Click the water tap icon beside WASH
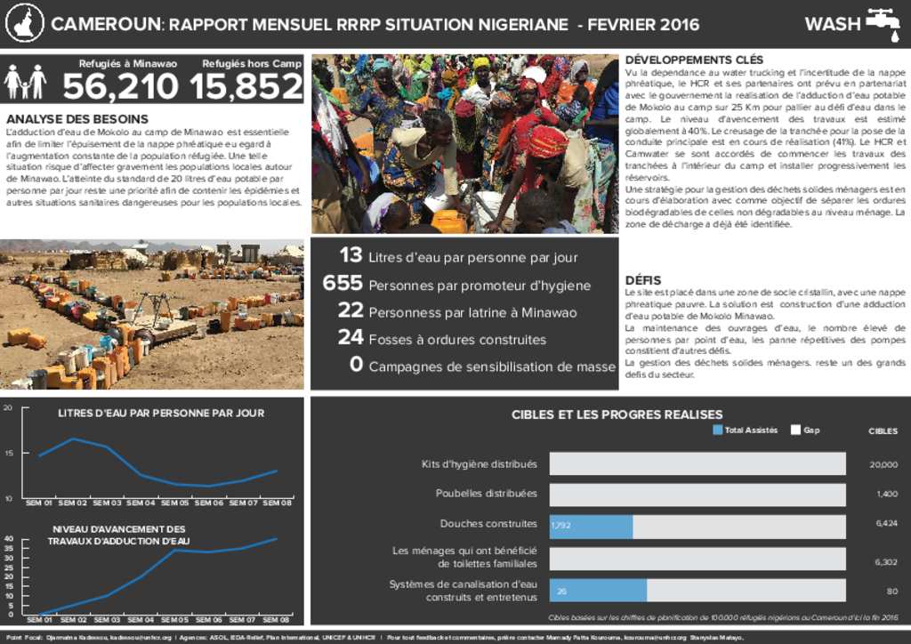(883, 23)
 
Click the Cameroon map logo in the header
(24, 24)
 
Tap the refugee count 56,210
(120, 87)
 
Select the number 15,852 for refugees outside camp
(246, 87)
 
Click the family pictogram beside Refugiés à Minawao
(25, 82)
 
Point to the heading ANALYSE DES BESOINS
(77, 119)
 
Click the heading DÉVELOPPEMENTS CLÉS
(695, 60)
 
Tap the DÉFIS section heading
(643, 280)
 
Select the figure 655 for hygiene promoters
(343, 284)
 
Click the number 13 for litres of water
(351, 256)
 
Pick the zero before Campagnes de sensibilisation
(356, 365)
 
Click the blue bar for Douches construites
(591, 526)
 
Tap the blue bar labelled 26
(598, 591)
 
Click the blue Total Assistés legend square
(718, 431)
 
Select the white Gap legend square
(796, 431)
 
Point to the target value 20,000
(883, 464)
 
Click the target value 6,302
(886, 562)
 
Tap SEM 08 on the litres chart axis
(278, 503)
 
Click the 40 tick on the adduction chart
(9, 539)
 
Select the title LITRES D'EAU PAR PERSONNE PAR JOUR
(161, 413)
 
